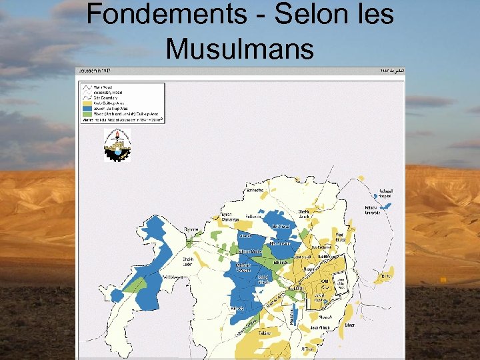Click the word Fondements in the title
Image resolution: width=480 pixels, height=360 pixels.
[x=157, y=15]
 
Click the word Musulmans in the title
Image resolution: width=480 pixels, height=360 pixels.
[x=239, y=48]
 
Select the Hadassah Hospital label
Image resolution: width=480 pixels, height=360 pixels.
[x=385, y=194]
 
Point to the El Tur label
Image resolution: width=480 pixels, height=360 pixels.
[x=386, y=276]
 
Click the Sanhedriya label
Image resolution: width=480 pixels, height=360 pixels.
[x=255, y=191]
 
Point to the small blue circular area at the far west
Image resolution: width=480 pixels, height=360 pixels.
[x=117, y=294]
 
